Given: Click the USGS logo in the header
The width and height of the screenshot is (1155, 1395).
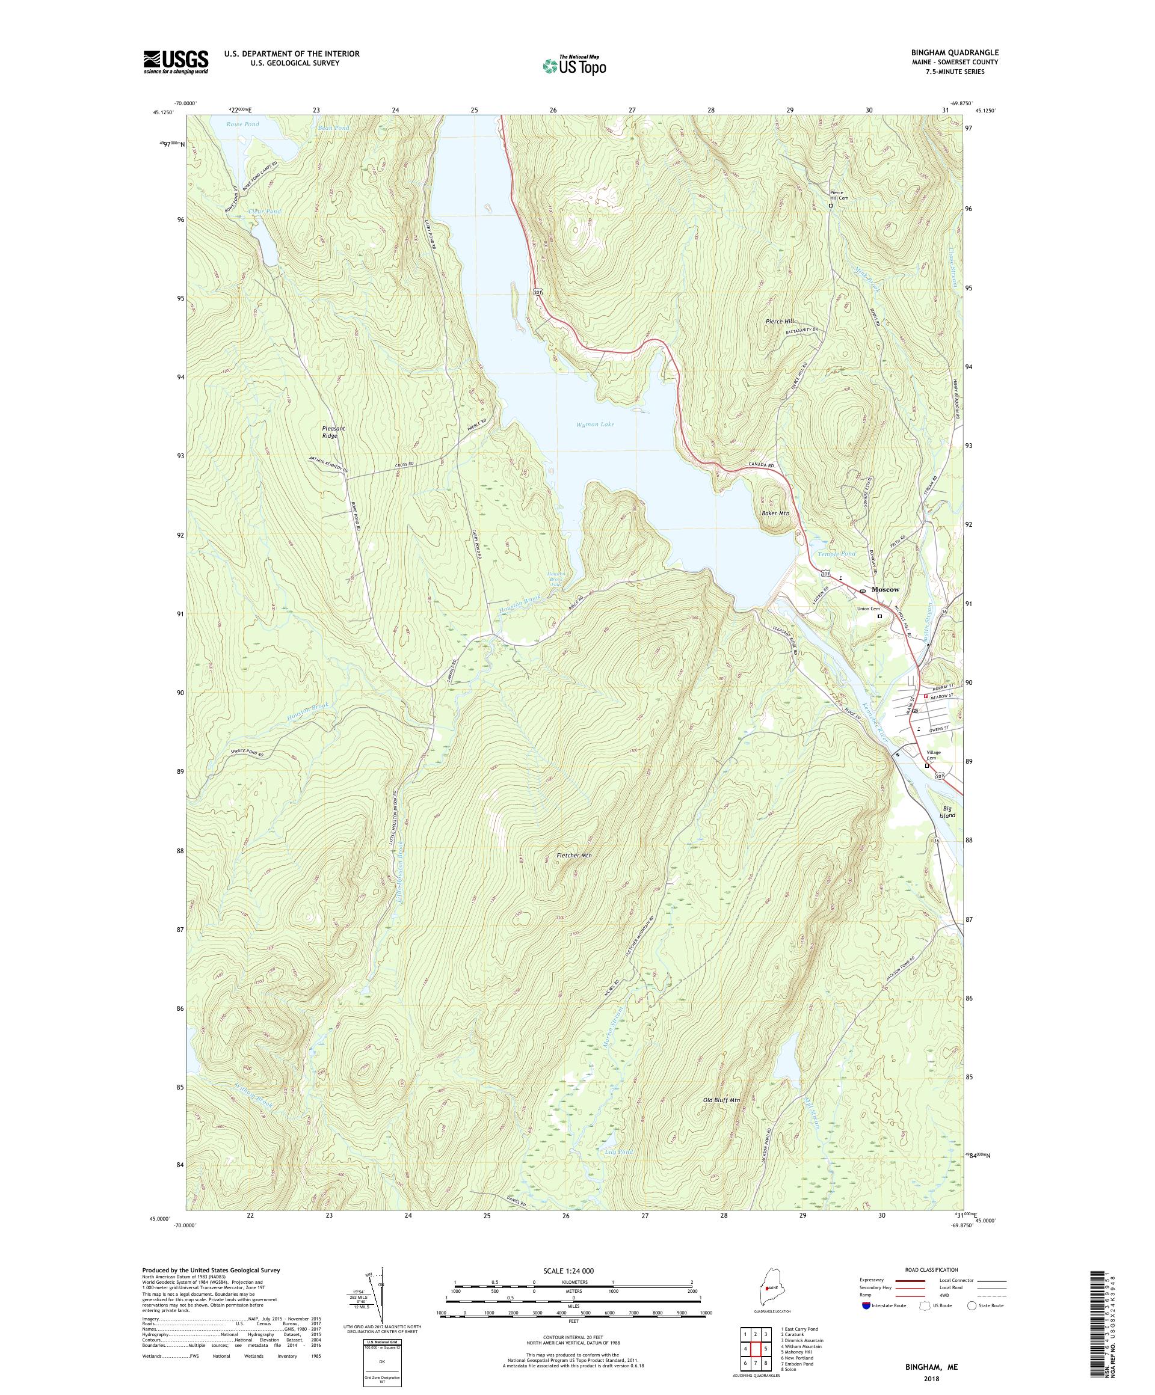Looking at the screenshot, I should click(x=176, y=62).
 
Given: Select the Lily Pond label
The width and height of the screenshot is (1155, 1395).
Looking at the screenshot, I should click(x=618, y=1151).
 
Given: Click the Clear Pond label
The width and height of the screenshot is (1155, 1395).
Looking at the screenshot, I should click(x=265, y=211).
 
